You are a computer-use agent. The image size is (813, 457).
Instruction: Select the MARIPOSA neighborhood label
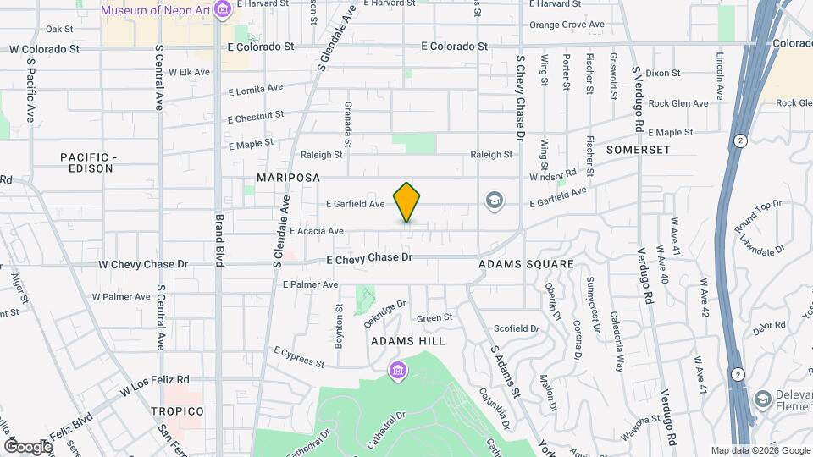(x=289, y=178)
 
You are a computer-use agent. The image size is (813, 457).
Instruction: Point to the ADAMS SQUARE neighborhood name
(x=526, y=264)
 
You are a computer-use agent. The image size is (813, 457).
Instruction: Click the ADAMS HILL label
(x=408, y=340)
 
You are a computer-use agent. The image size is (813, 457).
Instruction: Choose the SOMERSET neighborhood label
(x=639, y=150)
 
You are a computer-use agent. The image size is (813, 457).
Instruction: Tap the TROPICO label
(x=177, y=411)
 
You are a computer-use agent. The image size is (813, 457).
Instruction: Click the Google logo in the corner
(x=28, y=446)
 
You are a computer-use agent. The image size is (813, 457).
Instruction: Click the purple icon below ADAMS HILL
(x=397, y=370)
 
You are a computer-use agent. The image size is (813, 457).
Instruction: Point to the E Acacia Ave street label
(x=316, y=231)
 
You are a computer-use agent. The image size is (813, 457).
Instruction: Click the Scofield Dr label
(x=517, y=328)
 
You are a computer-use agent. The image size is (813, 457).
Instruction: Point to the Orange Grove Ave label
(x=564, y=25)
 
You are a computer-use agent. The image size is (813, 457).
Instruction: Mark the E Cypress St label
(x=298, y=356)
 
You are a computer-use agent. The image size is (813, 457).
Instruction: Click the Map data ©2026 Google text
(x=760, y=450)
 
